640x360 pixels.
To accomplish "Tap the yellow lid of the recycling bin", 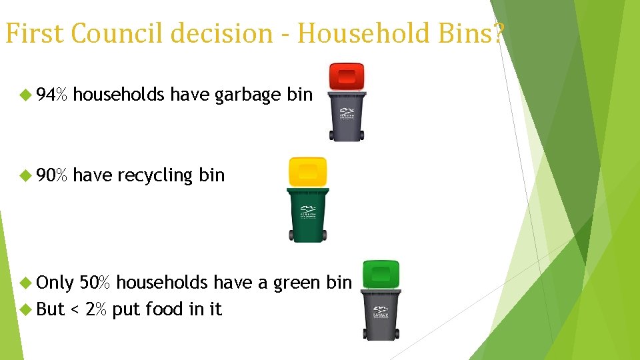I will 307,171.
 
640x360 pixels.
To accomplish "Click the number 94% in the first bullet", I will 52,95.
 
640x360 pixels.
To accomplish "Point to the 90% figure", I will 52,175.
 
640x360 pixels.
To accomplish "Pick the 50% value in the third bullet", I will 95,283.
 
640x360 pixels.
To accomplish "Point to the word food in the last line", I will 163,309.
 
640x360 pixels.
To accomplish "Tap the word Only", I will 55,283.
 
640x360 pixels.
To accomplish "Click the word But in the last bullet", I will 51,309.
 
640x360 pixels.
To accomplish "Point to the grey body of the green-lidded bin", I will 381,313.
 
